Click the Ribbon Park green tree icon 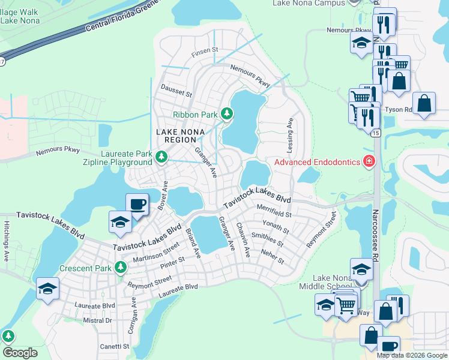coord(226,113)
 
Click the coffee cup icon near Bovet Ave coord(137,204)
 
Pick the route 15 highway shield coord(376,133)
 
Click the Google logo coord(20,352)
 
